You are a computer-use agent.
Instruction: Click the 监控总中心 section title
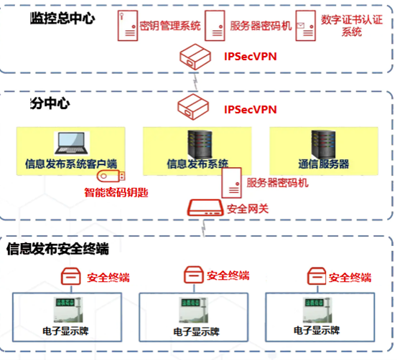[x=62, y=18]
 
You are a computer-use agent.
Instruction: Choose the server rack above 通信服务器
[x=321, y=143]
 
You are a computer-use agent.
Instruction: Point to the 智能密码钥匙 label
[x=116, y=193]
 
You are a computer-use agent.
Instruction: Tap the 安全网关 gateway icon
[x=205, y=209]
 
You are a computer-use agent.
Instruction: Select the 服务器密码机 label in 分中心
[x=277, y=183]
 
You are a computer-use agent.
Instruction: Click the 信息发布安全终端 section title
[x=57, y=250]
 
